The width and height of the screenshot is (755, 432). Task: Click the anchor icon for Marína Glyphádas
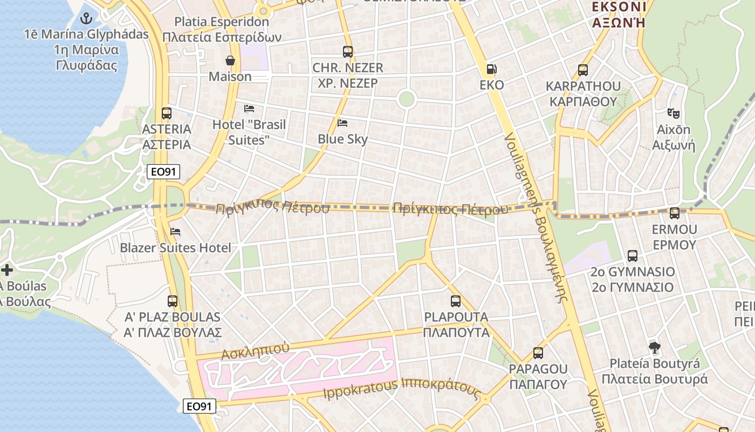86,19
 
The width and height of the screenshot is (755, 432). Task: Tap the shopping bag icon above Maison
230,60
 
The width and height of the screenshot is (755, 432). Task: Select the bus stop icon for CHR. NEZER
348,52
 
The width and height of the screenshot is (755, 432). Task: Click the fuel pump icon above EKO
491,69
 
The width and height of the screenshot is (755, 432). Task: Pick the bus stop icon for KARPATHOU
583,70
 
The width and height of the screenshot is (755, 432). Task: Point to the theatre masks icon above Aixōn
673,113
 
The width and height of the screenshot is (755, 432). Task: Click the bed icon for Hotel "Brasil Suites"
249,109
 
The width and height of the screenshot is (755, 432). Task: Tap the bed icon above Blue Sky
342,123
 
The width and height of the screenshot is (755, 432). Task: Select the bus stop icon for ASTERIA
167,113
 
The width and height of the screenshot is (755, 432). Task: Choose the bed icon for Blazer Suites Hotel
175,232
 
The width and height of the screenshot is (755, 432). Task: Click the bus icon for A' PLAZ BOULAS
173,301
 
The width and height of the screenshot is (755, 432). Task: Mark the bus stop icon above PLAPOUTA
456,301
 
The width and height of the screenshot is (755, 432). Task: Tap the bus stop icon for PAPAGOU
538,353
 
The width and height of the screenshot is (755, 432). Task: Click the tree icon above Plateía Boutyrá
654,347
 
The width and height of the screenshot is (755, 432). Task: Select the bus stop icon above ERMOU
674,213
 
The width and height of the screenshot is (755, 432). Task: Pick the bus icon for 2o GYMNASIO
633,255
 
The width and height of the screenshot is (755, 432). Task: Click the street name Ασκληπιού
255,351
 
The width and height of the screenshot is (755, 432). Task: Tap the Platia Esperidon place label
222,22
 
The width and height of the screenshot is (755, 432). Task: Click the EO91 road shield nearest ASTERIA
163,172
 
